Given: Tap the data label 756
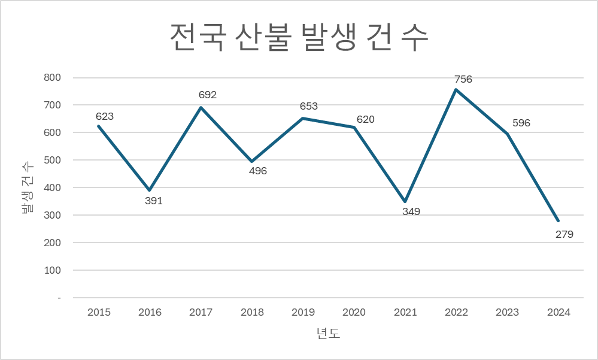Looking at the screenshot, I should [x=463, y=79].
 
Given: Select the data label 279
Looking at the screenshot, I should [x=564, y=234].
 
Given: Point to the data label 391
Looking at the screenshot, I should [x=154, y=201].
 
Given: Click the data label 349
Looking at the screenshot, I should [x=411, y=211].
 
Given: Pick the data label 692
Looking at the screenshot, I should [x=208, y=95].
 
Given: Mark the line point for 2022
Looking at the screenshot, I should [x=456, y=90].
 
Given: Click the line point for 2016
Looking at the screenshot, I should [x=150, y=190].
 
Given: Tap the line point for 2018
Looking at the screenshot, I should [x=252, y=161].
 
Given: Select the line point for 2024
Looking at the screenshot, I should [x=558, y=220].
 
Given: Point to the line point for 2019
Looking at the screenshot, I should [x=303, y=118].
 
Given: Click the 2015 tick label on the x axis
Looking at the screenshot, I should [x=99, y=312].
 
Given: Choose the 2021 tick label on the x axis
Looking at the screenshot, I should [x=405, y=312].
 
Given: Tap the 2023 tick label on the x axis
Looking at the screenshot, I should [x=508, y=312].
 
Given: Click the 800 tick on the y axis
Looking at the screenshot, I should [x=52, y=77].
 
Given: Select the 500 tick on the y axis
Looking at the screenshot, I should [x=52, y=160].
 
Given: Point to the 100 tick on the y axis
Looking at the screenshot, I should [x=52, y=270].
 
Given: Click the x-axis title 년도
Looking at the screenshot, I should [x=328, y=334].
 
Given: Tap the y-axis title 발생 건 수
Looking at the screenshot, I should [x=27, y=187].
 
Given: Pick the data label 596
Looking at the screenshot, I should [x=521, y=123].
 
